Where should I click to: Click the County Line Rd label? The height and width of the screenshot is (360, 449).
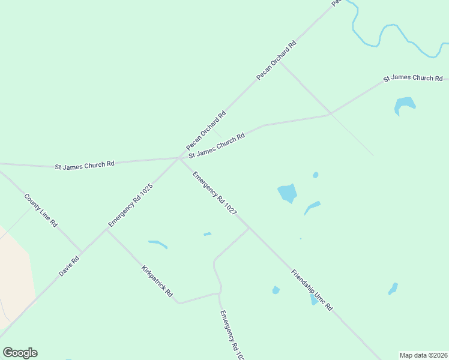pos(41,210)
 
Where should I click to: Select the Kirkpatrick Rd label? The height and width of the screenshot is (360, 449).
pos(157,281)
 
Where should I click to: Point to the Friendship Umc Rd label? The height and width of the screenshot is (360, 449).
pos(312,290)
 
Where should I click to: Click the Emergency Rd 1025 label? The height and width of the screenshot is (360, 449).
pos(130,205)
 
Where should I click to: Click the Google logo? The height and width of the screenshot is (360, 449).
pos(20,353)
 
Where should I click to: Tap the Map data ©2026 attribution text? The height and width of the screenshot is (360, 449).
pos(424,355)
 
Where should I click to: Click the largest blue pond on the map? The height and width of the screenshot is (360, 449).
pos(288,193)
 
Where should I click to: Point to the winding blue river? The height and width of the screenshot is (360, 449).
pos(384,33)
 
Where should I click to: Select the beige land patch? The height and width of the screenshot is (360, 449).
pos(13,276)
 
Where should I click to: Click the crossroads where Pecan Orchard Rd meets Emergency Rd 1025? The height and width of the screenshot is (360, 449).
pos(180,158)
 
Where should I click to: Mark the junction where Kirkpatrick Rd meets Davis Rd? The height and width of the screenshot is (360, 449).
pos(107,230)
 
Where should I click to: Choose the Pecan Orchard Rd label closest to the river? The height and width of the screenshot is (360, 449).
pos(277,60)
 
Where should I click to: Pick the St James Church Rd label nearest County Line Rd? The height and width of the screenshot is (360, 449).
pos(85,164)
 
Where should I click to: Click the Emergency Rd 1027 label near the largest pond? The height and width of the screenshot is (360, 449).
pos(214,193)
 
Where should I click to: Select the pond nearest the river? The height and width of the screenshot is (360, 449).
pos(405,106)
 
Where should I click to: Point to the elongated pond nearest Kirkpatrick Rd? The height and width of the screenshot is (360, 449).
pos(158,244)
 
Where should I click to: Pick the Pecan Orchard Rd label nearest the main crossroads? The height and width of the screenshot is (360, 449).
pos(206,130)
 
